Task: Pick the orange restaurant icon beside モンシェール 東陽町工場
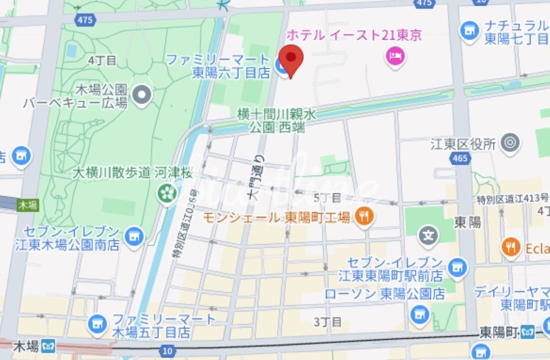pyautogui.click(x=363, y=218)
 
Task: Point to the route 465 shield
pyautogui.click(x=460, y=158)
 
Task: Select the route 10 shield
pyautogui.click(x=167, y=351)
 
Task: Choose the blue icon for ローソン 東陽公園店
pyautogui.click(x=421, y=313)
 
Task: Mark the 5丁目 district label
pyautogui.click(x=327, y=198)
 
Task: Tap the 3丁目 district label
pyautogui.click(x=327, y=322)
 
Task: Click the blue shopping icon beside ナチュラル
pyautogui.click(x=468, y=29)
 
